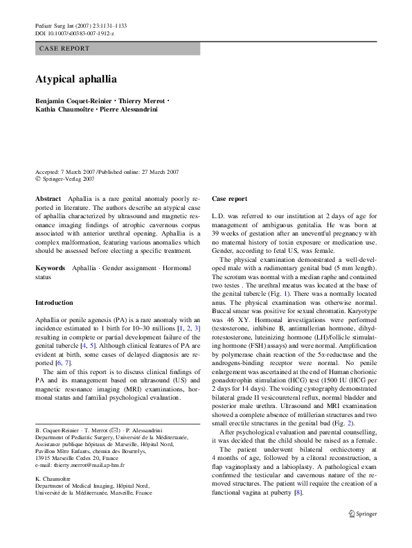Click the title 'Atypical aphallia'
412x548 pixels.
point(75,80)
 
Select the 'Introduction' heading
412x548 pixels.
point(54,303)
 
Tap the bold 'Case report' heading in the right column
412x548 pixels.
point(229,199)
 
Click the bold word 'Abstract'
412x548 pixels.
point(48,199)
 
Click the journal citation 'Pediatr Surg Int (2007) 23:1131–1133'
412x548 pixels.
point(80,26)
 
